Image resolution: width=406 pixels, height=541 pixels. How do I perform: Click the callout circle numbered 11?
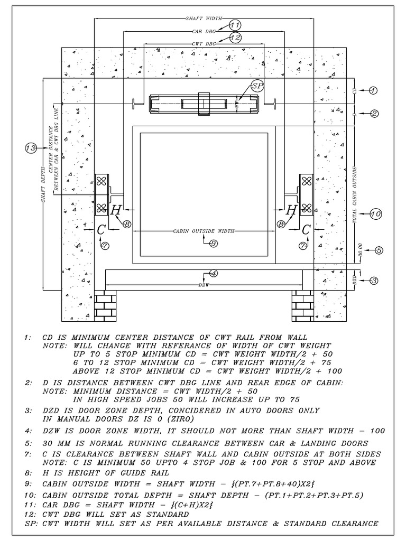235,25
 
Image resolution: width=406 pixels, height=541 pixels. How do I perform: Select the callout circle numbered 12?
236,38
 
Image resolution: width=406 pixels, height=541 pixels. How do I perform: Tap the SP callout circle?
257,85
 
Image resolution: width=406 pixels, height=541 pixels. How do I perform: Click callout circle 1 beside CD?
373,91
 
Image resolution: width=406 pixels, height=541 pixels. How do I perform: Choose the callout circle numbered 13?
31,149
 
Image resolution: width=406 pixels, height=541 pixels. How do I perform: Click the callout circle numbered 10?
375,214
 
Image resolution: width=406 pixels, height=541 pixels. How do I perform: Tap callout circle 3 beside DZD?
373,281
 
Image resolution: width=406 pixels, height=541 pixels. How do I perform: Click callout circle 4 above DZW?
213,273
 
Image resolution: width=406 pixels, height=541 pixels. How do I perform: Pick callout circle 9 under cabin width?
213,243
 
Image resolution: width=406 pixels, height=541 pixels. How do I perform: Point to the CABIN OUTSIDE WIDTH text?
204,231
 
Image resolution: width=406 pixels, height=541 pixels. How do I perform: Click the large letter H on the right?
291,210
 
